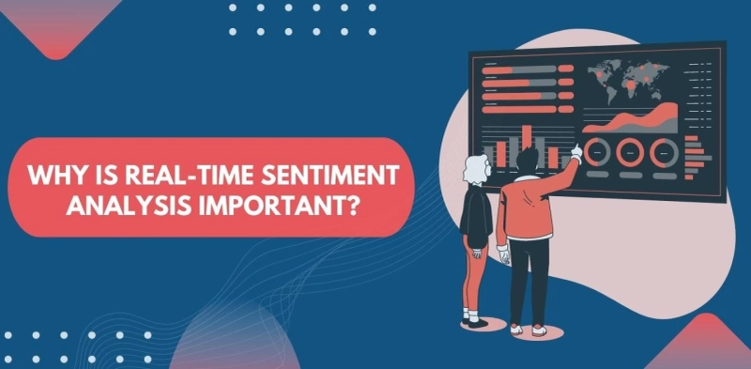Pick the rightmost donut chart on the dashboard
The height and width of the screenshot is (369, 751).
pos(664,149)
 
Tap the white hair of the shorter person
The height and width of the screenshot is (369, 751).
pos(474,168)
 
